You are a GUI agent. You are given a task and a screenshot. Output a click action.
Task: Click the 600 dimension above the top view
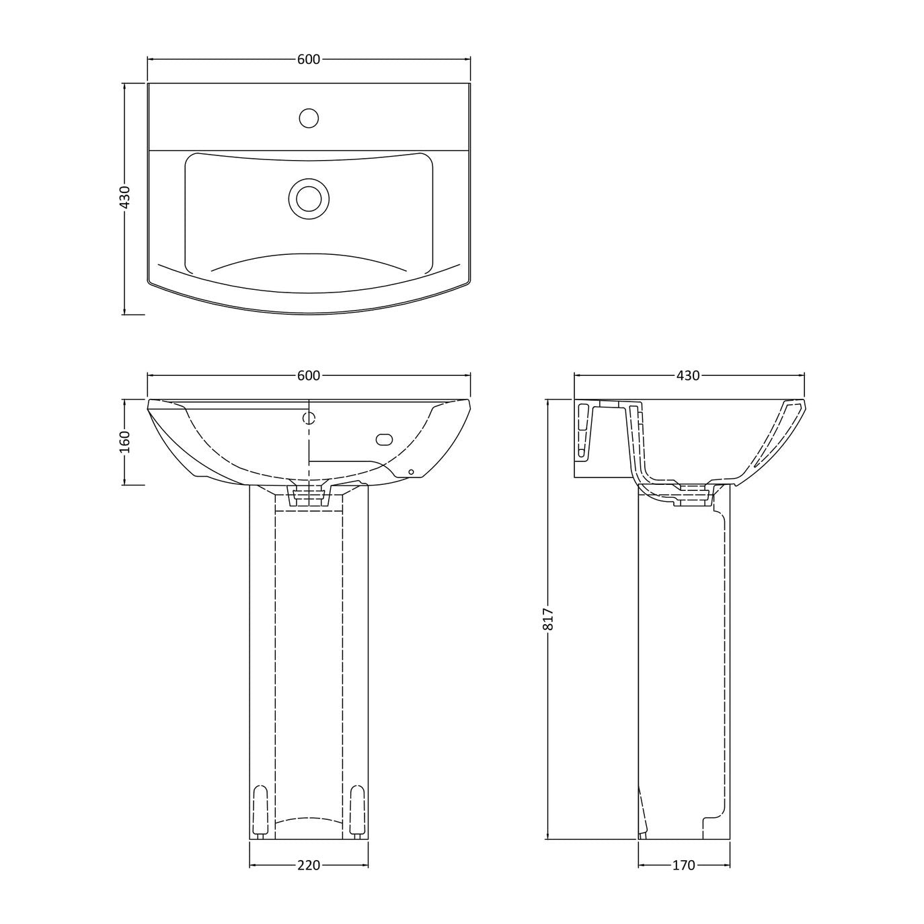click(x=308, y=59)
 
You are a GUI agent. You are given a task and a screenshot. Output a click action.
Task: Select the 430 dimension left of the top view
click(x=124, y=197)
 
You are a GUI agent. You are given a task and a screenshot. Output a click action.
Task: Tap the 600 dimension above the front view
click(x=308, y=376)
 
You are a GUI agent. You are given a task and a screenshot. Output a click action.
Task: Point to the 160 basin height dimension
click(x=124, y=442)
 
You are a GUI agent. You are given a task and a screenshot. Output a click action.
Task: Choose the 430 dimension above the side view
click(x=688, y=376)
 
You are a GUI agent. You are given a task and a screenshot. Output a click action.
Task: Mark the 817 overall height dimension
click(x=549, y=619)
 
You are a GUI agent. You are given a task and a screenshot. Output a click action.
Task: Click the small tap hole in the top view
click(x=309, y=118)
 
